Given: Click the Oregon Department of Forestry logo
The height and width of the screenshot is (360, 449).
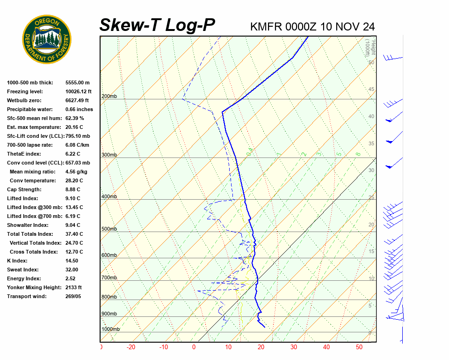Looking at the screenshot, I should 47,39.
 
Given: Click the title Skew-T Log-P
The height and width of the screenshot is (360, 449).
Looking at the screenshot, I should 157,25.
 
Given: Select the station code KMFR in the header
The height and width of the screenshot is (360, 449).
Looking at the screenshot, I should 266,27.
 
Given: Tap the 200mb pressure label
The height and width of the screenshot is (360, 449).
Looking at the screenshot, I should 109,97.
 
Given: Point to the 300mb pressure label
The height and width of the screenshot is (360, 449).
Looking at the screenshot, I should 109,155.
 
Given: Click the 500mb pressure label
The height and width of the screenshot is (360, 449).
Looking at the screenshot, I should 109,229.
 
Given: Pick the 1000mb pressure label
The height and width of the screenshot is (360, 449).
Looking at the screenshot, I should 110,330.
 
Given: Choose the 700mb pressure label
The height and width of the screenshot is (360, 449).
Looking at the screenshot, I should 109,278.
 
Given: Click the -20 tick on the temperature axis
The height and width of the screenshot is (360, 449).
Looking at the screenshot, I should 131,347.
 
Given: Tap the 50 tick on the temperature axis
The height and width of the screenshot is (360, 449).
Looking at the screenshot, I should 359,347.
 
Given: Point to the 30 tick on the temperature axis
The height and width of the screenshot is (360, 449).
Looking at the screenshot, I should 294,347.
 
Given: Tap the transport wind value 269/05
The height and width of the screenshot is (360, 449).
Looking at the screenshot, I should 74,296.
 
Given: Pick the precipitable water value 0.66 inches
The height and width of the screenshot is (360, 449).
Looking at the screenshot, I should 79,109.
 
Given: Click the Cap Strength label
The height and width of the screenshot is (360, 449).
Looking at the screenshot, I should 24,189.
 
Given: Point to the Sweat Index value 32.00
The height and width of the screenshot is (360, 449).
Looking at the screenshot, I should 72,270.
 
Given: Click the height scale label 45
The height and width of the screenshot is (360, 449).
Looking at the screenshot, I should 371,90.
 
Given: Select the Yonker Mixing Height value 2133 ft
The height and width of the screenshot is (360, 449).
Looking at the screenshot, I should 74,287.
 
